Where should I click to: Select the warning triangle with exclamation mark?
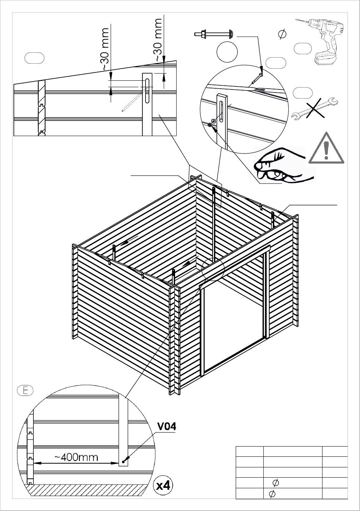326,148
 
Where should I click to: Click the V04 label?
166,426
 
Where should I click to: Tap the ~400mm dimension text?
76,457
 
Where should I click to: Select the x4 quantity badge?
163,486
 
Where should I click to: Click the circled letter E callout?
25,390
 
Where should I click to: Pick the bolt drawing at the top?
214,34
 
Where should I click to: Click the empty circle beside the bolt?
227,52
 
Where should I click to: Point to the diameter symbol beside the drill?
282,34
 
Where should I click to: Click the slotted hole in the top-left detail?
147,90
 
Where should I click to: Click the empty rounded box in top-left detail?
34,58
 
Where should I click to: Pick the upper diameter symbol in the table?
275,483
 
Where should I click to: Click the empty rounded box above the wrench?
303,92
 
